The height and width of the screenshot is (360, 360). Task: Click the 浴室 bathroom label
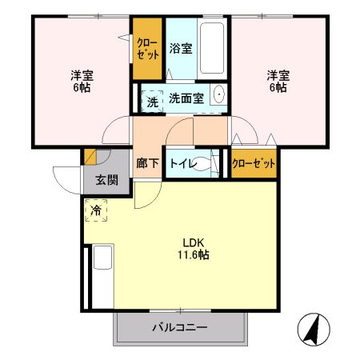(x=181, y=49)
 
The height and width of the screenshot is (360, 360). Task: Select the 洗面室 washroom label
(x=186, y=98)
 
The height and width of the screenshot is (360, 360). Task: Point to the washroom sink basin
(x=219, y=98)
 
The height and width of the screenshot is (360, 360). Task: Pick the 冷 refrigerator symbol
(x=96, y=211)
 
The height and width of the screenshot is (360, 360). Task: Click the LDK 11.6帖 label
(x=194, y=249)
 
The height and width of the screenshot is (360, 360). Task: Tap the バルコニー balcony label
(x=180, y=328)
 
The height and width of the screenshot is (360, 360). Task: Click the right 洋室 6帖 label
(x=278, y=82)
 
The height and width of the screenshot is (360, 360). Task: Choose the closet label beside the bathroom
(x=147, y=49)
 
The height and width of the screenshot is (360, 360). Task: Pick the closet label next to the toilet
(x=253, y=163)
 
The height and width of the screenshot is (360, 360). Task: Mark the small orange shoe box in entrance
(x=90, y=156)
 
